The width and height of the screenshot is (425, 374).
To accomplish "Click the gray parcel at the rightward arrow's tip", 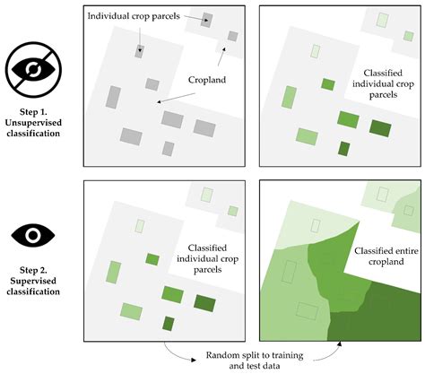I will click(207, 20).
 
